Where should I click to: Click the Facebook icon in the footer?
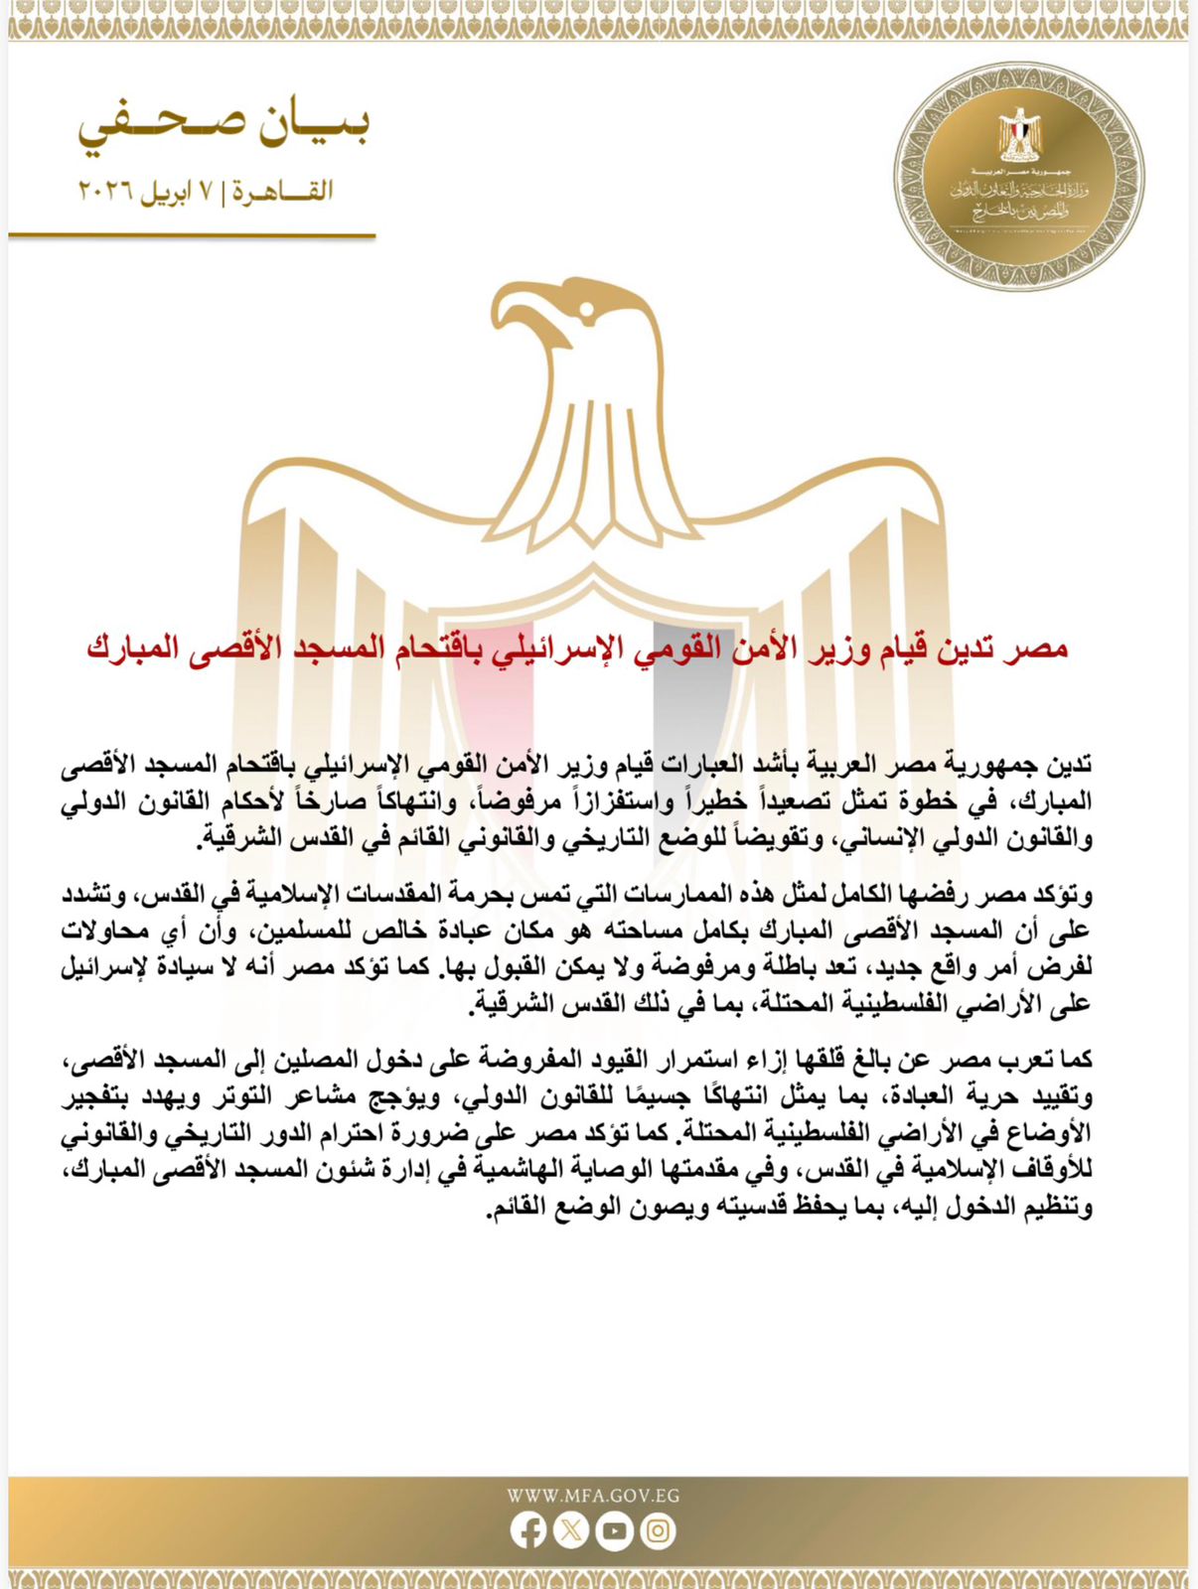(528, 1530)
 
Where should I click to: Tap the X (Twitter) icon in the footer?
(571, 1530)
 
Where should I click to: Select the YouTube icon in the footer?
(615, 1530)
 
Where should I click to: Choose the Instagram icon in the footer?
(658, 1530)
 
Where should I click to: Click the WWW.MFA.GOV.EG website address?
(593, 1496)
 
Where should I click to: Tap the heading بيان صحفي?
(225, 126)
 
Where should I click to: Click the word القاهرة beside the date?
(283, 192)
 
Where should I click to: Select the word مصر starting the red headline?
(1044, 649)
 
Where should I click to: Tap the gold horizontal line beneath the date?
(192, 236)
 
